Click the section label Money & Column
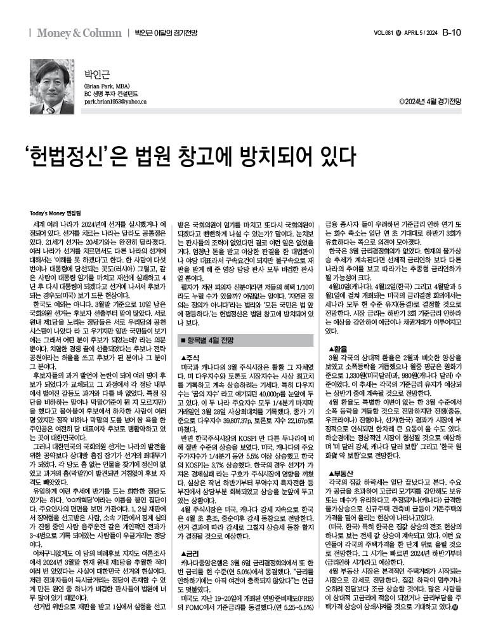[79, 33]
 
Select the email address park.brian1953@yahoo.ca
[115, 102]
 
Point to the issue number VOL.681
[384, 33]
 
